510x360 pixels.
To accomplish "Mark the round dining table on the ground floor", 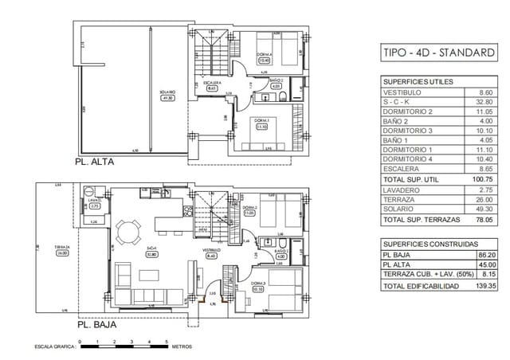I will click(x=127, y=232).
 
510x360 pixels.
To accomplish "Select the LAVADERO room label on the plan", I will click(x=95, y=203).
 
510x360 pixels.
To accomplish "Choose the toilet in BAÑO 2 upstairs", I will click(x=283, y=97).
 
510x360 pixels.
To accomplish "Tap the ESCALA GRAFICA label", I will click(x=53, y=347).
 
